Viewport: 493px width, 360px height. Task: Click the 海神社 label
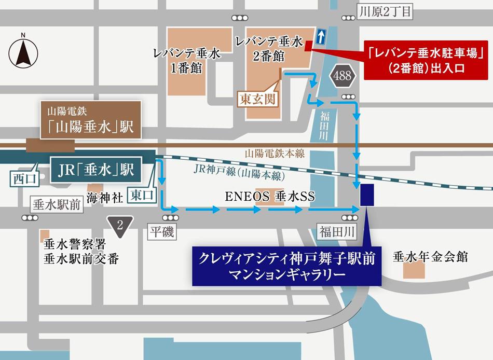point(105,197)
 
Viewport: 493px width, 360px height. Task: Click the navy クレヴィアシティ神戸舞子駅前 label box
point(286,266)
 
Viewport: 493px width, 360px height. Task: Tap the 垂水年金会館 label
point(431,256)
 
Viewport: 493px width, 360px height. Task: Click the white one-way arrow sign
point(322,36)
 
